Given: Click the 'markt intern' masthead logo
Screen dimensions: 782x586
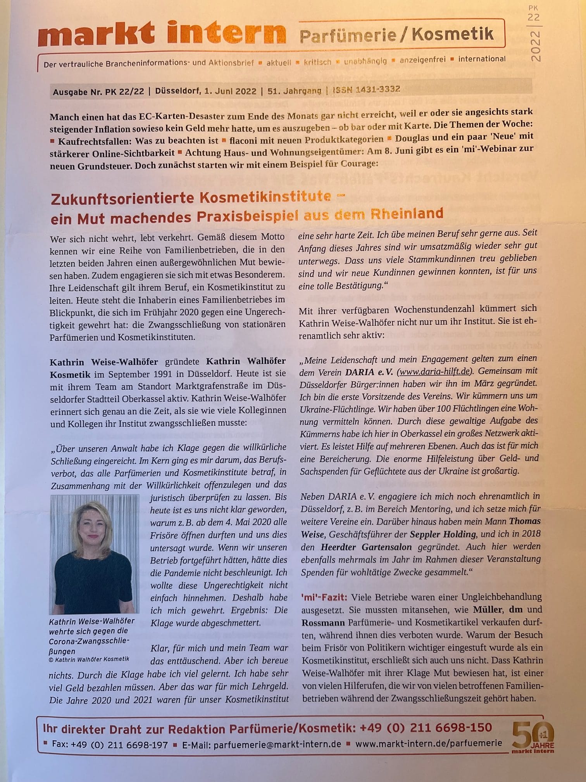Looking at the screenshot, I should [x=162, y=33].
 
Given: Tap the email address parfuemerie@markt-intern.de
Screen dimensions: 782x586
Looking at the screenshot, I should [x=277, y=744].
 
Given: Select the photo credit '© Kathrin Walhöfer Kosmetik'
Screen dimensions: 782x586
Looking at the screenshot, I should [x=89, y=659].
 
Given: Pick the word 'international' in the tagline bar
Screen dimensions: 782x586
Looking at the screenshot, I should [x=482, y=59].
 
